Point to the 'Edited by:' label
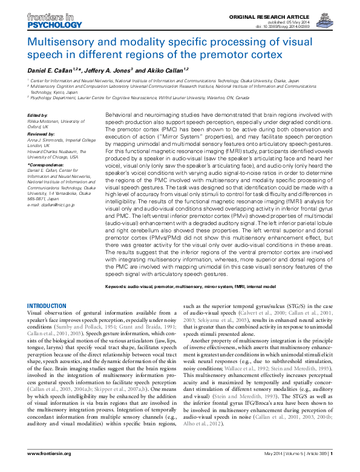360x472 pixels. point(39,114)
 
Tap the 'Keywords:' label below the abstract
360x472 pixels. point(120,286)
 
